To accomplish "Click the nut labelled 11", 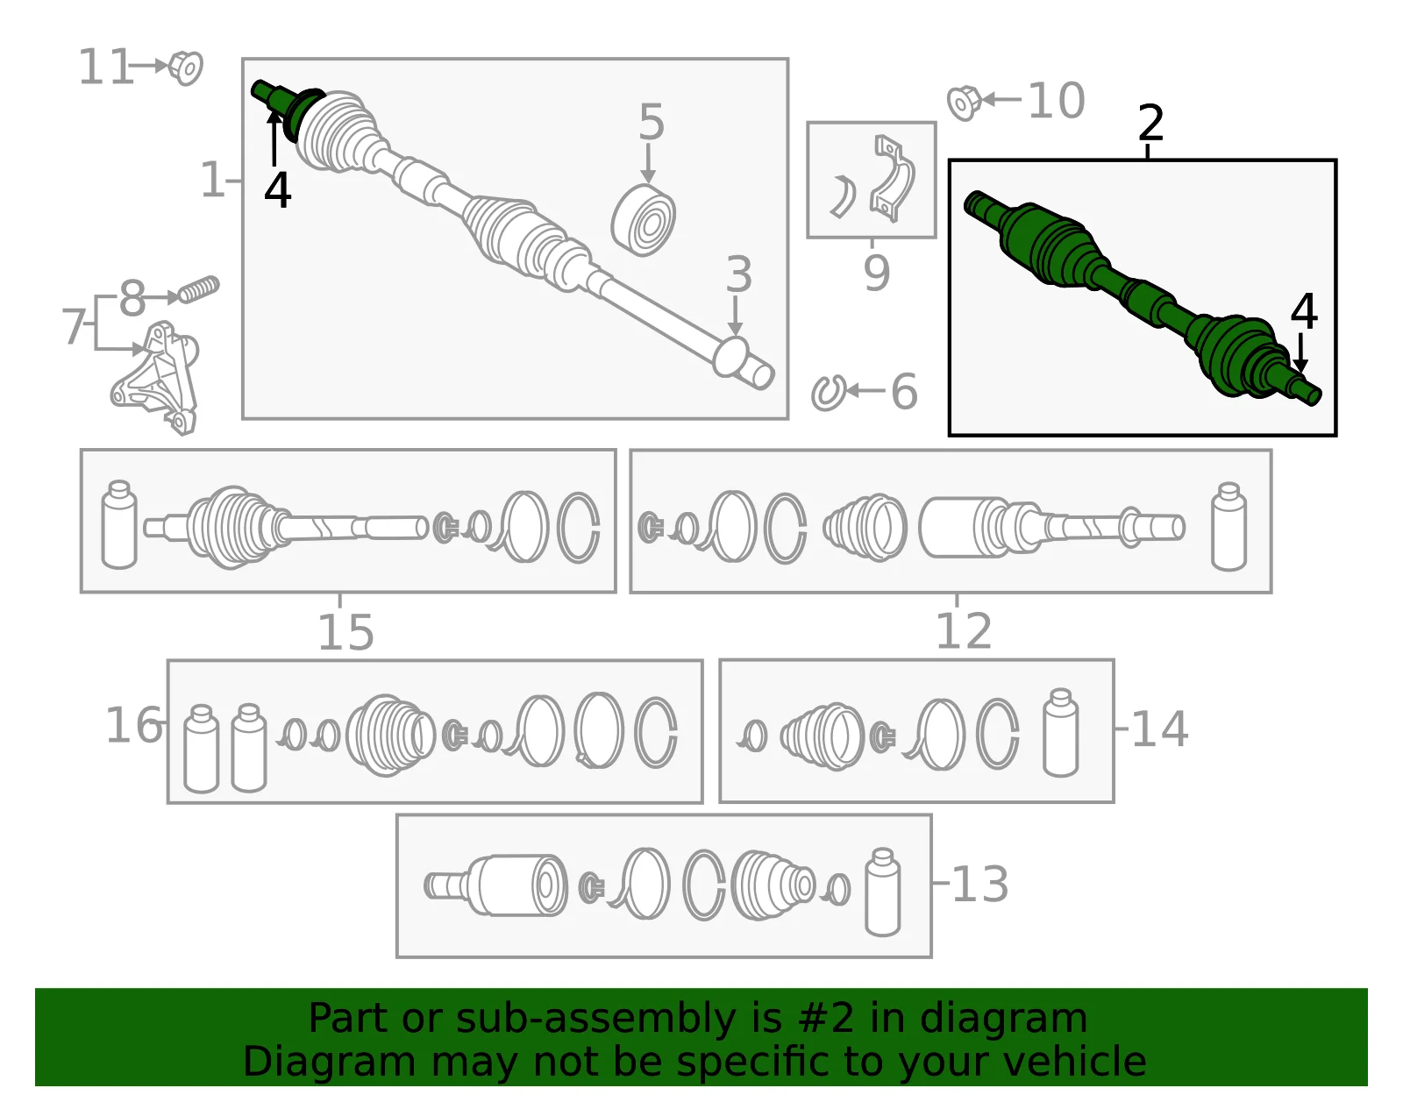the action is (185, 68).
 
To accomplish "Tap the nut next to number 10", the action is (964, 103).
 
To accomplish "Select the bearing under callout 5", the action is (643, 219).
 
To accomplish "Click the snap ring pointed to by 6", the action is (829, 392).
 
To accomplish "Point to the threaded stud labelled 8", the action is (199, 289).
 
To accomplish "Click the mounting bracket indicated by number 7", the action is (155, 378).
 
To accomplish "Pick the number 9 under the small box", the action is (876, 274).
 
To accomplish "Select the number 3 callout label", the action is (738, 274).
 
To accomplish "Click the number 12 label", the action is (964, 631).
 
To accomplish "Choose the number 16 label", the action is (133, 725).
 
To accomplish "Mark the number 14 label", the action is (1159, 729).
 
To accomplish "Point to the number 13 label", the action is (979, 884).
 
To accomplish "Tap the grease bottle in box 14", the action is (1060, 732).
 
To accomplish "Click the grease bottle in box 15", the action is (119, 524).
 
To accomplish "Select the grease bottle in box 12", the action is (1229, 527).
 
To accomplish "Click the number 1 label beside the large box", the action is (212, 180).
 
